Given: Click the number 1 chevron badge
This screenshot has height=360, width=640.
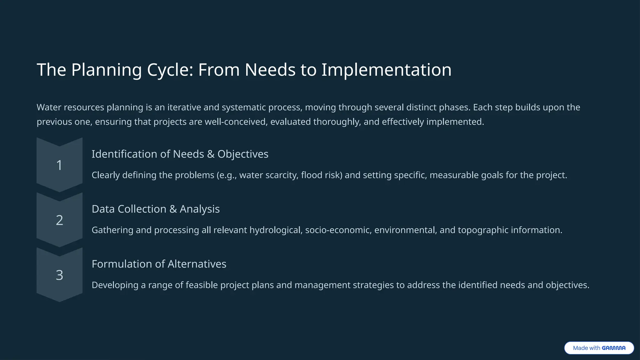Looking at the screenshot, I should (x=59, y=165).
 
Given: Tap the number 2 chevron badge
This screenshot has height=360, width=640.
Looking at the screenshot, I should (x=59, y=220).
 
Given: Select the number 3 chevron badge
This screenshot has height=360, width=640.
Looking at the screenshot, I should (x=59, y=275).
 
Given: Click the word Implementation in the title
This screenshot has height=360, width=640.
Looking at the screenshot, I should (x=386, y=70).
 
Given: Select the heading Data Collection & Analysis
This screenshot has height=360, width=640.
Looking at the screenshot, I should (x=156, y=209).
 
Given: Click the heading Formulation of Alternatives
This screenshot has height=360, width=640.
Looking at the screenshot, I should (x=159, y=264).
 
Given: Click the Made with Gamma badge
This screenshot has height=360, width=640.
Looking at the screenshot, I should (x=599, y=348).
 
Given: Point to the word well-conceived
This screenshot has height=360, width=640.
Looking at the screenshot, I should (x=236, y=122).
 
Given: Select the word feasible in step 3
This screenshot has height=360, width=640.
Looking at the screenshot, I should (x=202, y=285).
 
